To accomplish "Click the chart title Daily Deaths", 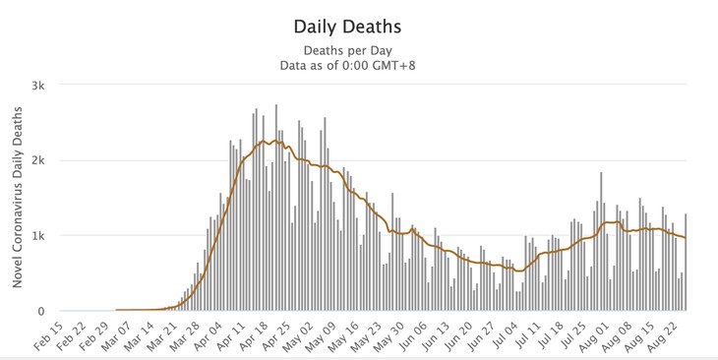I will point(358,23).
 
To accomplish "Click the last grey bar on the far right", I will point(686,264).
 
